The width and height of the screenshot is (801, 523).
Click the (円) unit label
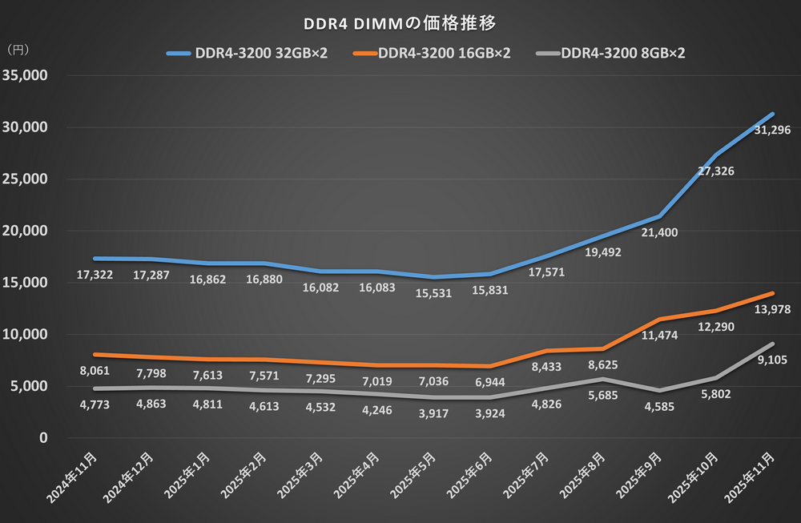pos(18,50)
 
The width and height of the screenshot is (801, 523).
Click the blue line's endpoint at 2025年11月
pos(772,114)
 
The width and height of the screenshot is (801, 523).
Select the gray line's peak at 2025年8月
pos(603,379)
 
